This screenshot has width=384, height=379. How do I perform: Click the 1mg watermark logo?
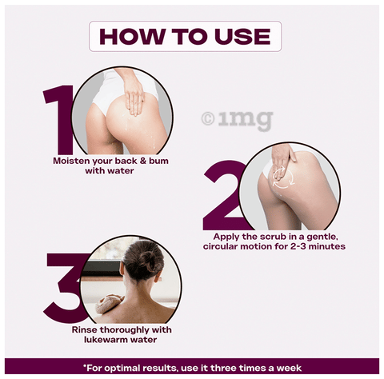coord(238,121)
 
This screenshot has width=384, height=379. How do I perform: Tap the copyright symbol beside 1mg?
coord(208,119)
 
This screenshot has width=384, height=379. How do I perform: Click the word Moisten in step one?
coord(71,161)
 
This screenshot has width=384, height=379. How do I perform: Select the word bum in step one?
coord(158,161)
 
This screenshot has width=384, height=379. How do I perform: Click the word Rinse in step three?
coord(84,330)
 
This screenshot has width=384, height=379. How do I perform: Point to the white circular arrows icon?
coord(283,177)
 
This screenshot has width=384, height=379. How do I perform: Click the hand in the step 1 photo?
coord(135,97)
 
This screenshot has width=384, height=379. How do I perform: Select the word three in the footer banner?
coord(222,369)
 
